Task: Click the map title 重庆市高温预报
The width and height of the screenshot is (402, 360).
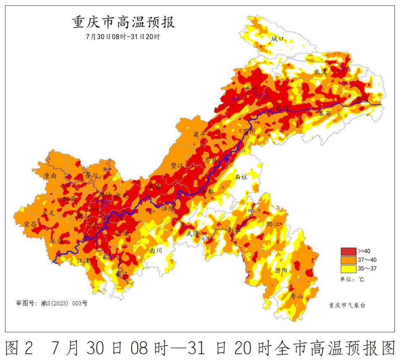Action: [x=124, y=22]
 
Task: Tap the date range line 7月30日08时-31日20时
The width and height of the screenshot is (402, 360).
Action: [x=123, y=37]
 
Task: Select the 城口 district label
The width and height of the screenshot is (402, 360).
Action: [x=278, y=39]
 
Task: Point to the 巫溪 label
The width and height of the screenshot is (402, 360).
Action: [x=321, y=72]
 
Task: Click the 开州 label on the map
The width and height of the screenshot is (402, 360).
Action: [x=250, y=89]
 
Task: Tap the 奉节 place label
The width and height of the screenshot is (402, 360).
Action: [x=325, y=113]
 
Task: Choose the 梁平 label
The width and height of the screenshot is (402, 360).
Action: [x=200, y=135]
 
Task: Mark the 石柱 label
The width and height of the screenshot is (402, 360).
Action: [x=242, y=177]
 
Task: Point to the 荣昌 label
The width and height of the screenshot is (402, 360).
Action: [x=30, y=224]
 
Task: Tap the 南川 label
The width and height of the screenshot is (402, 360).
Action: [x=156, y=250]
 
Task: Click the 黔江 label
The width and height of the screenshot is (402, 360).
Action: [x=273, y=224]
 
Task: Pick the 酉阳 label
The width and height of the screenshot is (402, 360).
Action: [x=281, y=271]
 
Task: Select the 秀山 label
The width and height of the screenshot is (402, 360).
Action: [x=297, y=296]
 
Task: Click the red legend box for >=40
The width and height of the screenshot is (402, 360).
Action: [x=348, y=251]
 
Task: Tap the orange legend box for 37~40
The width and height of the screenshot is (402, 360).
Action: [x=348, y=260]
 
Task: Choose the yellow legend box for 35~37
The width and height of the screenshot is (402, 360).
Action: [x=348, y=269]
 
